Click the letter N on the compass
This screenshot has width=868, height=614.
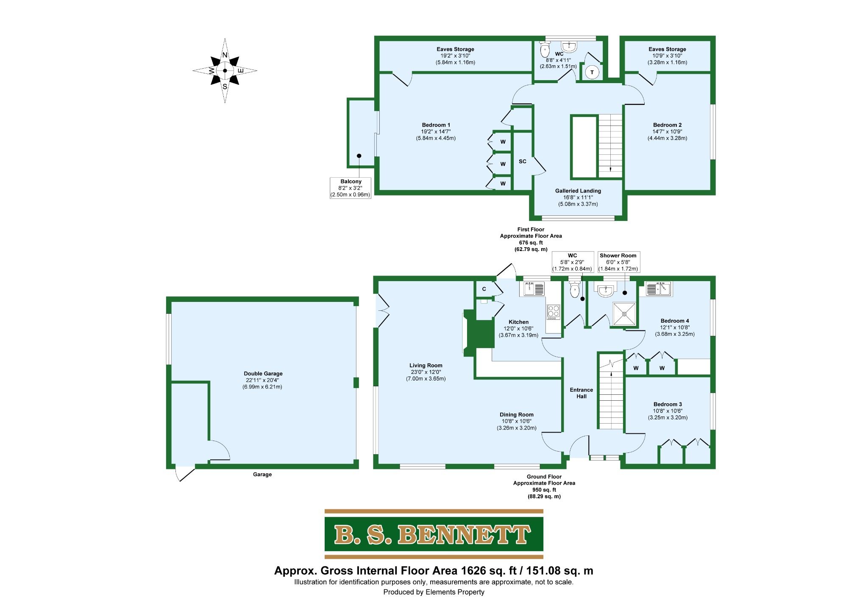225,55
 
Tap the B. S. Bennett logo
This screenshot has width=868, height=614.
434,534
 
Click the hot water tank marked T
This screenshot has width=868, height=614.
592,73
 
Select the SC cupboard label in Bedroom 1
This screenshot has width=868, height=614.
523,162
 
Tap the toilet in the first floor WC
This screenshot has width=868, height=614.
545,51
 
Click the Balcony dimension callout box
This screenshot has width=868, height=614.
351,188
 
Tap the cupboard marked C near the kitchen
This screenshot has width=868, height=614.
484,289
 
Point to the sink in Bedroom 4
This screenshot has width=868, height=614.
658,289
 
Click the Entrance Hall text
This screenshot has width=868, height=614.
581,393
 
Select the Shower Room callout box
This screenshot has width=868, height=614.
618,262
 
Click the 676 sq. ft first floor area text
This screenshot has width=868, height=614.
531,243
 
